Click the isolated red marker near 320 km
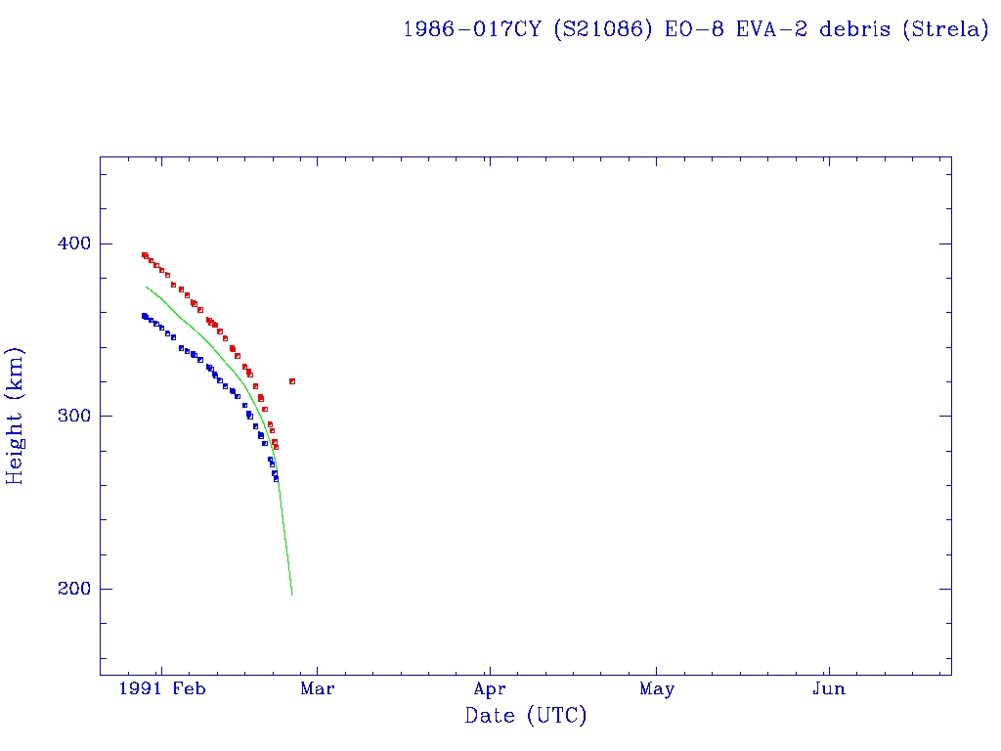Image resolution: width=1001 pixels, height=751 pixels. (x=292, y=380)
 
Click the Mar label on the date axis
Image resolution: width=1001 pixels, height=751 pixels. (x=318, y=689)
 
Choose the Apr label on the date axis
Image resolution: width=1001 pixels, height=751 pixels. (x=490, y=689)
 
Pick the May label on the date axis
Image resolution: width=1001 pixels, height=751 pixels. (x=657, y=689)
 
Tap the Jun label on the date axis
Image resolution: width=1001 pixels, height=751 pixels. (x=829, y=689)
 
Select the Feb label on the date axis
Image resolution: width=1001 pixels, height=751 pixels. (x=189, y=689)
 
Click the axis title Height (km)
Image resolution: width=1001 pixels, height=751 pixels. (x=16, y=416)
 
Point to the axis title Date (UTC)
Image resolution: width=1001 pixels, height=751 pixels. (x=526, y=716)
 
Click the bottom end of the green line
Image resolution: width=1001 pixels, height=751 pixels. (x=291, y=594)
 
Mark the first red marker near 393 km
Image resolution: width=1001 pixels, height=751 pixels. (x=144, y=254)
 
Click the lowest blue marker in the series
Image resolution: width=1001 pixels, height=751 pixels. (x=276, y=479)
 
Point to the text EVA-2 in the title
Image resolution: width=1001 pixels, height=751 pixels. (x=766, y=29)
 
